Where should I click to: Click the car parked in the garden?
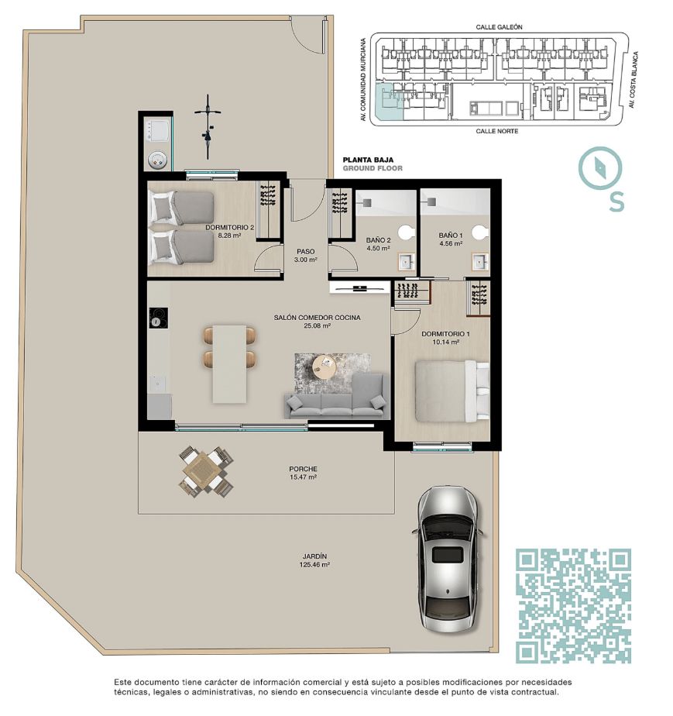tap(448, 559)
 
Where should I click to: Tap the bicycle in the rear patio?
tap(208, 126)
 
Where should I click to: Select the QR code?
tap(573, 606)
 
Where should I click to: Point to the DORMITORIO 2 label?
tap(229, 227)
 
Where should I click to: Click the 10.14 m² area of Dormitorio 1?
tap(446, 342)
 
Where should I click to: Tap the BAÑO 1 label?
tap(451, 236)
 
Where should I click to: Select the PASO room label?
tap(306, 252)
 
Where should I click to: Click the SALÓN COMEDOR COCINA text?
tap(317, 318)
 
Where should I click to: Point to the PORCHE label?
tap(303, 469)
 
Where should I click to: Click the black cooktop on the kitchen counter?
tap(158, 318)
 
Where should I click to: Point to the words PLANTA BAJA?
tap(368, 160)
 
